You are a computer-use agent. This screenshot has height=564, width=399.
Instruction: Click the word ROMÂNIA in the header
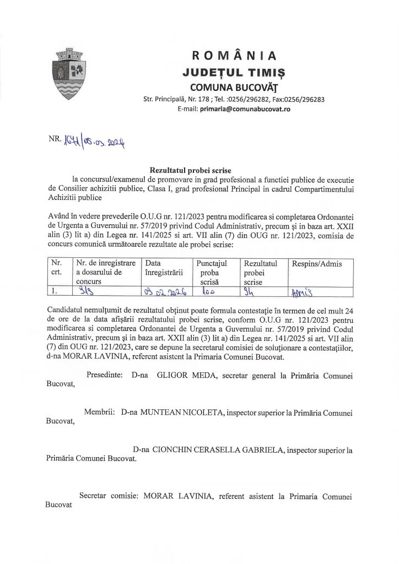pos(234,56)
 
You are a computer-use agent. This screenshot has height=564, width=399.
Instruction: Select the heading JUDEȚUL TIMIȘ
pos(234,72)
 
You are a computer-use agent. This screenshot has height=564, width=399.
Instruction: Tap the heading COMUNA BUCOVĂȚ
pos(234,86)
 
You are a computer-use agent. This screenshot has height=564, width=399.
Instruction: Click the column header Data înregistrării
pos(163,268)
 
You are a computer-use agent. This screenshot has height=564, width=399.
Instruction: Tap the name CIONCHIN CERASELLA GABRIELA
pos(220,450)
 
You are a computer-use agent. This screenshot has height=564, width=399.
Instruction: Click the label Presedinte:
pos(107,375)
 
